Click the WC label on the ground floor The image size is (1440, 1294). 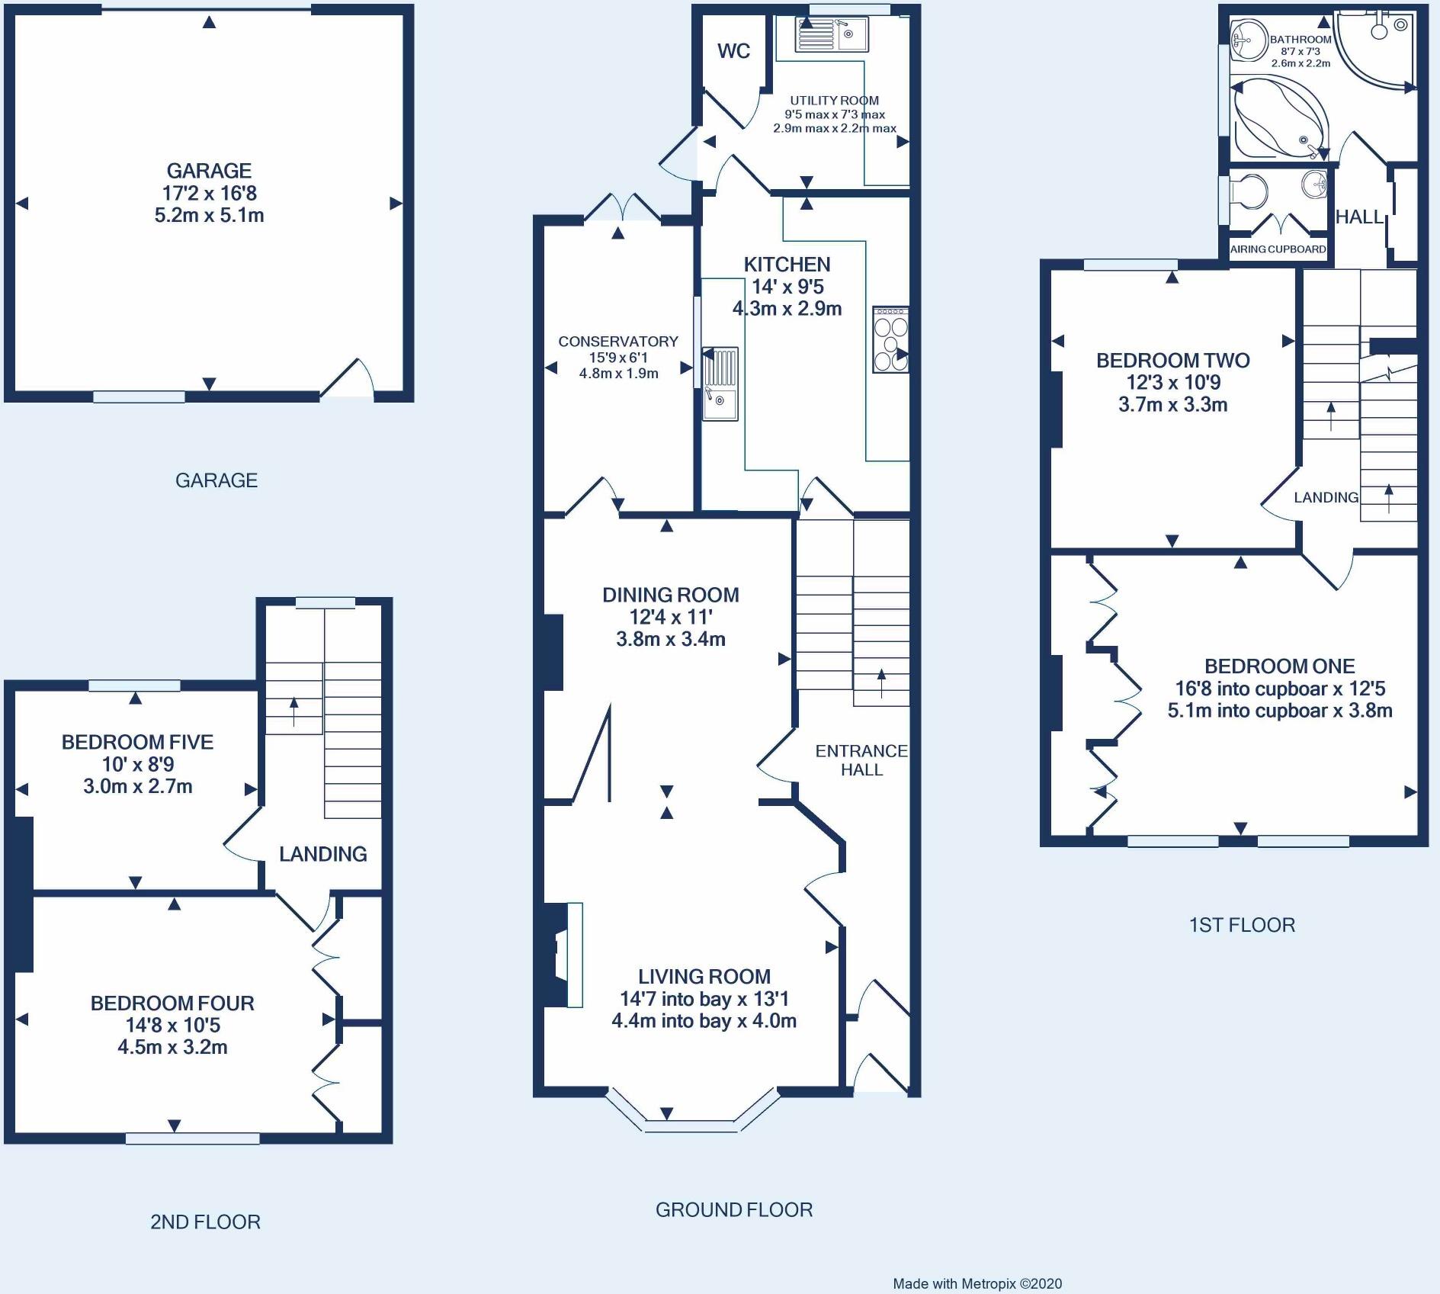[x=733, y=51]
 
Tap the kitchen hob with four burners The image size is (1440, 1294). [x=890, y=339]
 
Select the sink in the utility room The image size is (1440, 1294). [x=831, y=35]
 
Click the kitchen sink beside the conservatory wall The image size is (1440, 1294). [x=720, y=384]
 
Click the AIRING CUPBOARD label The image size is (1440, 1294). [x=1278, y=249]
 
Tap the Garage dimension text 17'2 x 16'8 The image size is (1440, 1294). [x=210, y=193]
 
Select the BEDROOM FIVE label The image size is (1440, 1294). [x=137, y=742]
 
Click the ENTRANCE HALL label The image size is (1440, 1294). [x=861, y=760]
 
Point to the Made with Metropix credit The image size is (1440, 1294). [x=977, y=1284]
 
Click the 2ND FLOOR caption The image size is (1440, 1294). [x=206, y=1222]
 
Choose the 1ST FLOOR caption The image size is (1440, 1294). [x=1242, y=925]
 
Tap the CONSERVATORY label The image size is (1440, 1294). [x=618, y=342]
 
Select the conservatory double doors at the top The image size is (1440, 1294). [x=624, y=206]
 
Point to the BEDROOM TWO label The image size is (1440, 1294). [x=1173, y=361]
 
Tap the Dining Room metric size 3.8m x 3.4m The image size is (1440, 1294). [x=671, y=639]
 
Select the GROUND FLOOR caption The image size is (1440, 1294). [x=734, y=1209]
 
